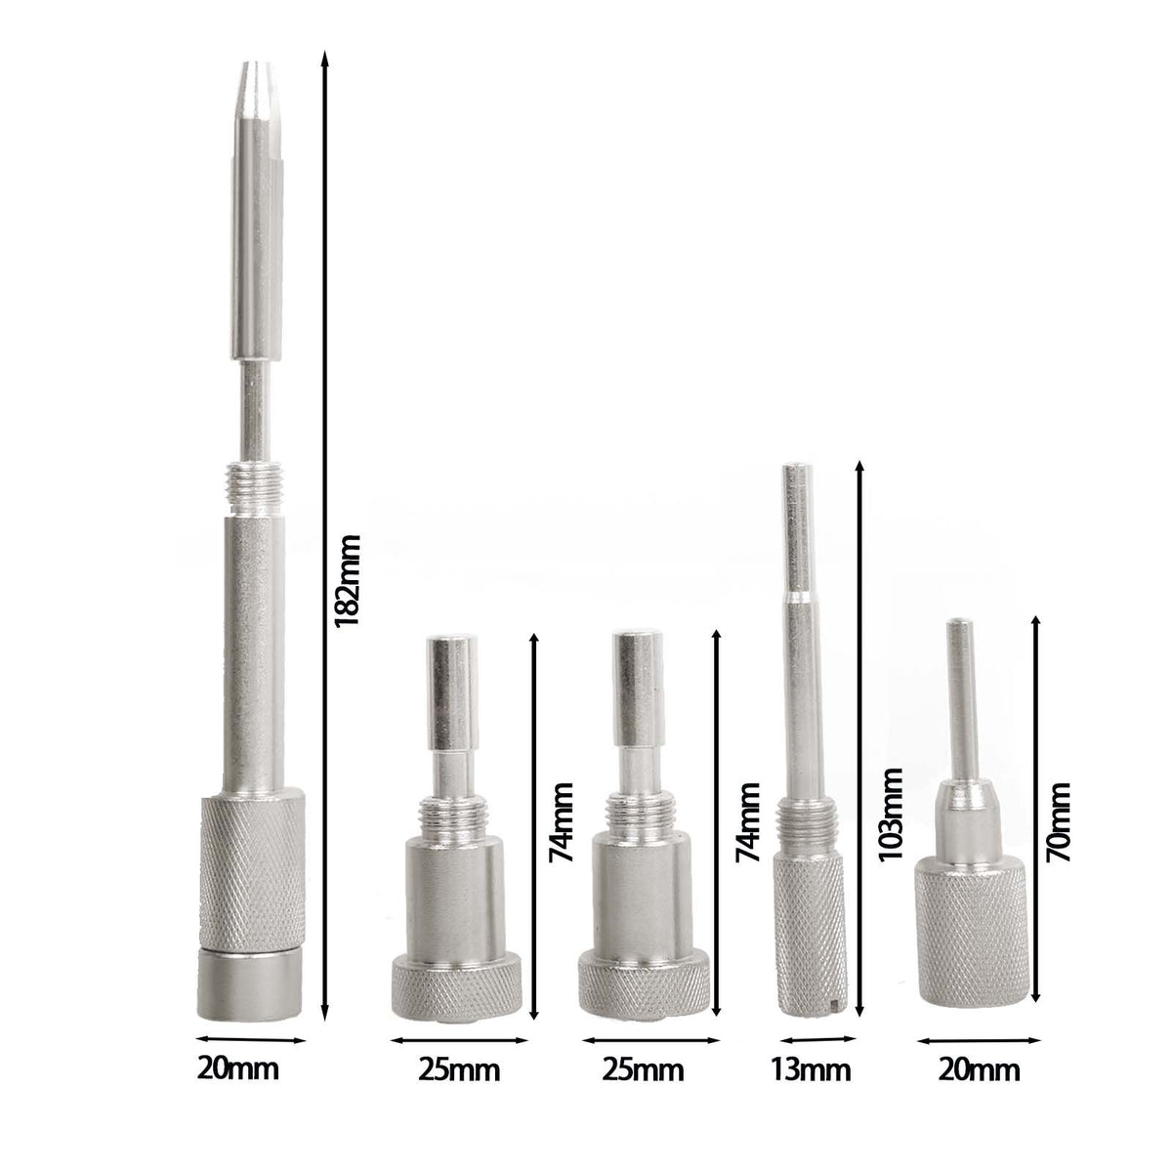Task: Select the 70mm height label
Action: pos(1058,821)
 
